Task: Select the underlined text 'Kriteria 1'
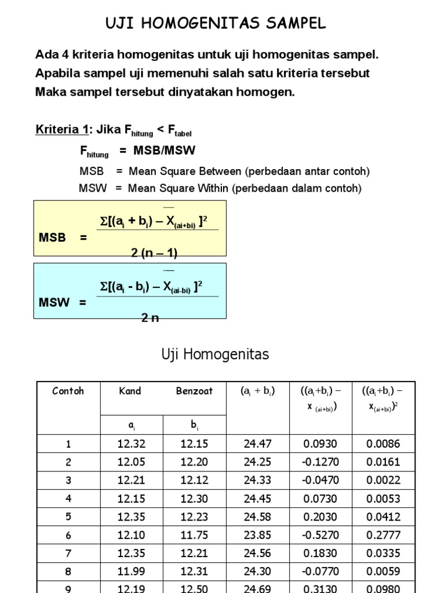(x=57, y=129)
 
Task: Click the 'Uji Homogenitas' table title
(x=215, y=354)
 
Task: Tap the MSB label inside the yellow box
(x=52, y=238)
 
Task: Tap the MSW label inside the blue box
(x=54, y=302)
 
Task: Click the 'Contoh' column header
(x=68, y=391)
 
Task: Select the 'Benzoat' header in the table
(x=194, y=391)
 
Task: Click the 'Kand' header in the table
(x=130, y=391)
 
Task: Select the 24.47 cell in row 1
(x=257, y=444)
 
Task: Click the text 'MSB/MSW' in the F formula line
(x=165, y=151)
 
